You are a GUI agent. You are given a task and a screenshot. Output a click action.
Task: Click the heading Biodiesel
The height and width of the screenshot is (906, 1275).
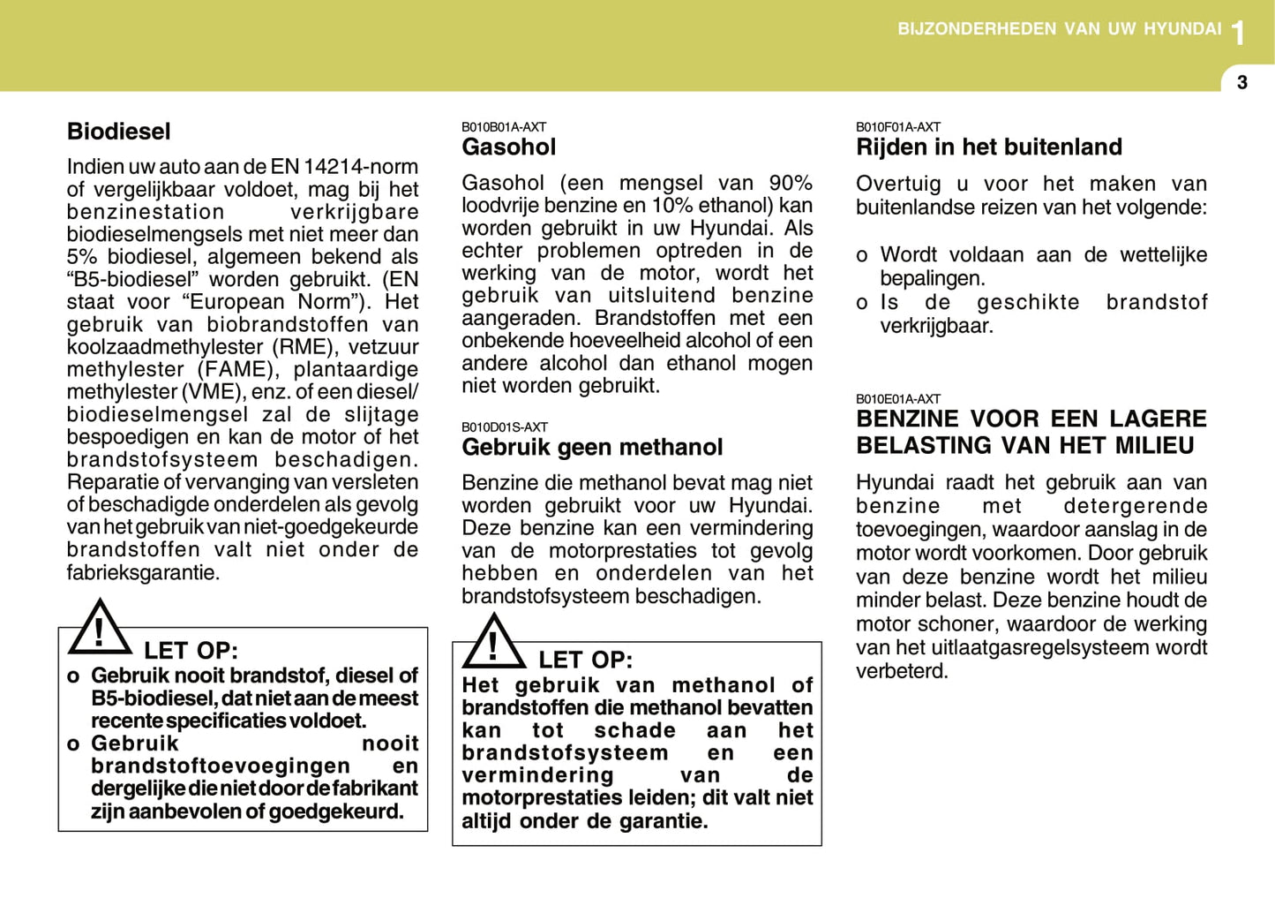tap(119, 132)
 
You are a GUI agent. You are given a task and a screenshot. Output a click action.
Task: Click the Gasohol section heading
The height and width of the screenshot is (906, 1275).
tap(509, 147)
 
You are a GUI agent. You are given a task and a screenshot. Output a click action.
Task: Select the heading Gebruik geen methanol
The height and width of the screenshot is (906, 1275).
tap(592, 448)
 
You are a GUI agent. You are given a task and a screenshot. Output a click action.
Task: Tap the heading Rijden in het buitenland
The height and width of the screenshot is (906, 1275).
tap(989, 147)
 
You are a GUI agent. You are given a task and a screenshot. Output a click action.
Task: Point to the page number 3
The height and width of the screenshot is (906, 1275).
tap(1242, 83)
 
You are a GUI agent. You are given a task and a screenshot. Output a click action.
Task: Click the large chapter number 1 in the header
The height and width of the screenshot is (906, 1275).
tap(1239, 34)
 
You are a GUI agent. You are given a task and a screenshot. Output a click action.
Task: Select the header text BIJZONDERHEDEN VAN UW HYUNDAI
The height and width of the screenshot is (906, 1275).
tap(1059, 29)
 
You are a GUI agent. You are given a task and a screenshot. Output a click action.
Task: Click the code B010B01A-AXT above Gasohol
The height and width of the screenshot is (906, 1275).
tap(504, 127)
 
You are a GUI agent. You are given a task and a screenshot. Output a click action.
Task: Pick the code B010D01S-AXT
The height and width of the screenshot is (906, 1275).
tap(505, 427)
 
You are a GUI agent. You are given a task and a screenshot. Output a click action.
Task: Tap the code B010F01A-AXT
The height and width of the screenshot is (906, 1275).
tap(898, 127)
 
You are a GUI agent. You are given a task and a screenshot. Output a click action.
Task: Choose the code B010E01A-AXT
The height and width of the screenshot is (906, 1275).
tap(898, 399)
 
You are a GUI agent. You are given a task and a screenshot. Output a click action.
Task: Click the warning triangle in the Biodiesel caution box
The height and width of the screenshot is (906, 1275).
tap(99, 628)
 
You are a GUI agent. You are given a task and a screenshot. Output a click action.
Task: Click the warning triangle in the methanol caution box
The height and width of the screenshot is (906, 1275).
tap(493, 642)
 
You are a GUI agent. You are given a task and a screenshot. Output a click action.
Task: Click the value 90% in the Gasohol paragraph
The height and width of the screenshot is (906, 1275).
tap(791, 184)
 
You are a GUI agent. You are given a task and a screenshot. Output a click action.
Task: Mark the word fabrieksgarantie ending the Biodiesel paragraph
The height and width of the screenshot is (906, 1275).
tap(142, 572)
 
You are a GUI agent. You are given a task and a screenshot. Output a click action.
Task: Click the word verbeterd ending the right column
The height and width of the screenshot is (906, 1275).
tap(901, 671)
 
